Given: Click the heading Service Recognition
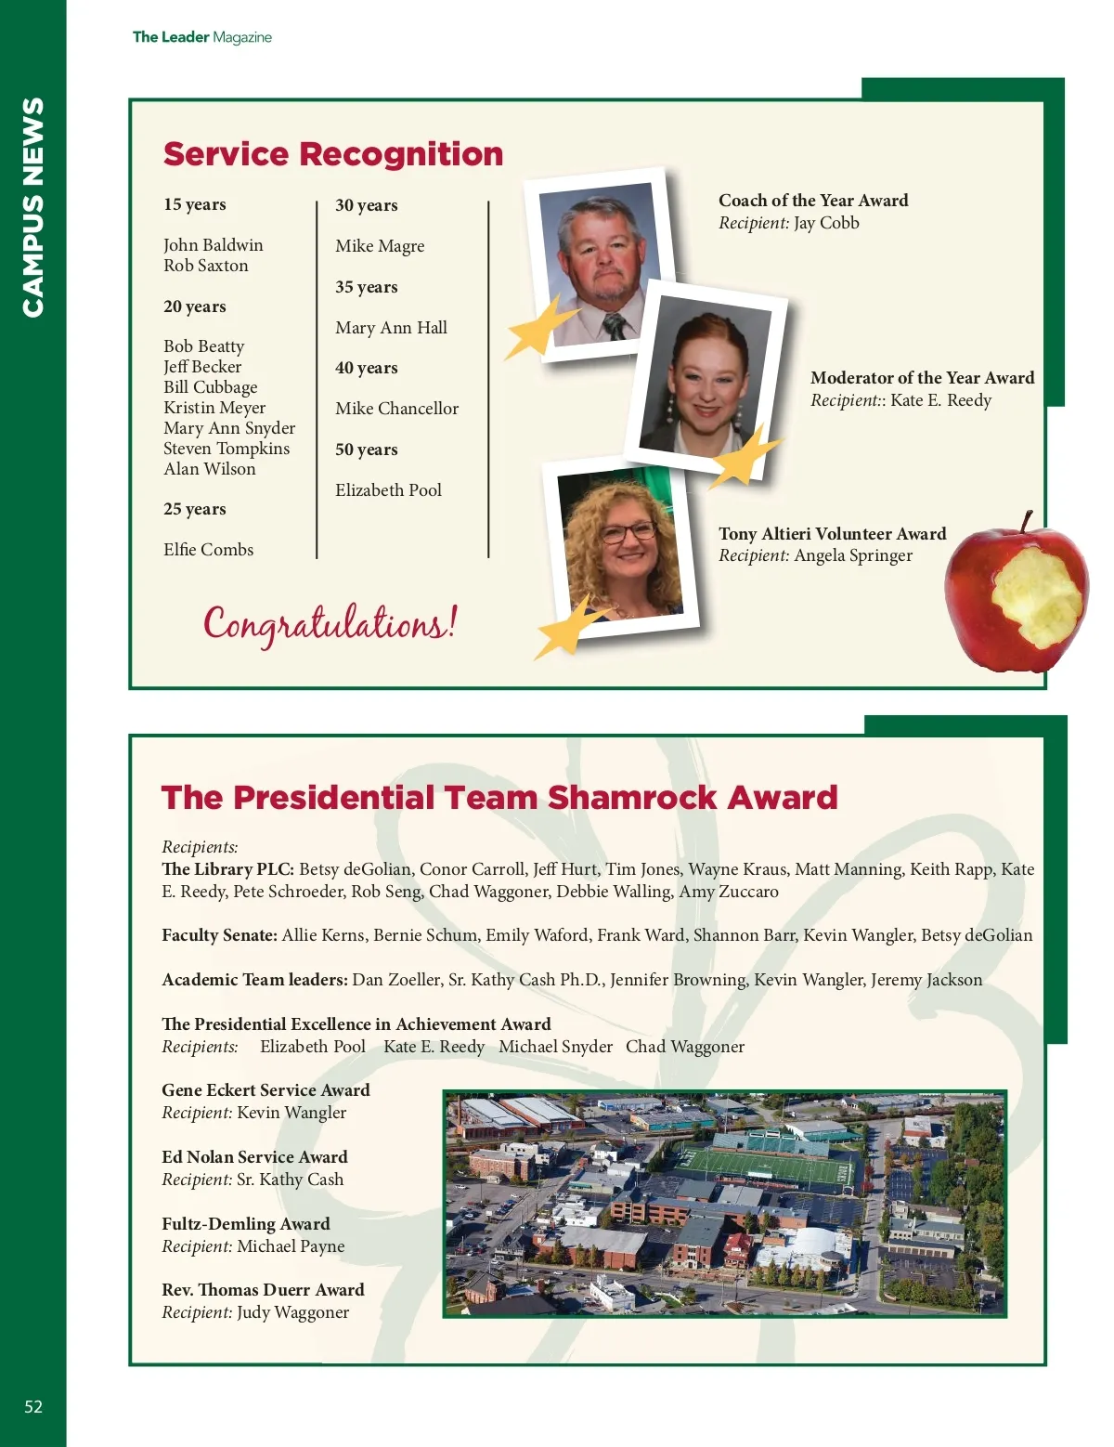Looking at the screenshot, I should click(x=332, y=154).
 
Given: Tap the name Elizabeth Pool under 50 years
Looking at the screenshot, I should click(x=388, y=490).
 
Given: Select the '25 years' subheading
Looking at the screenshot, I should click(x=195, y=509).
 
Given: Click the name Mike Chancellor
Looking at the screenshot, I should click(x=396, y=409).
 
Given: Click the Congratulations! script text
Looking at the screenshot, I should click(x=330, y=623).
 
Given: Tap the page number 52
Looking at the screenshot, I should click(x=33, y=1406).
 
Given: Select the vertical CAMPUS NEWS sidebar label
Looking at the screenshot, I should click(x=32, y=207).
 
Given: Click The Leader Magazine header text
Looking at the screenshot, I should click(x=201, y=37).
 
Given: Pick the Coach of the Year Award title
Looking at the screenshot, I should click(x=813, y=201).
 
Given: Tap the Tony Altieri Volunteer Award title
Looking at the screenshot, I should click(x=832, y=534).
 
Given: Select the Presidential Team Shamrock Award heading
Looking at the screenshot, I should click(x=499, y=798).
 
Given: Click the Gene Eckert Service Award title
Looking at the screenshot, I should click(x=266, y=1090).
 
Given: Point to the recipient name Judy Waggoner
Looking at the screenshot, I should click(x=292, y=1312).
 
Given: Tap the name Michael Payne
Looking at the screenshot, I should click(x=291, y=1246).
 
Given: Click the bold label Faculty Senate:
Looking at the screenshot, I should click(x=219, y=935).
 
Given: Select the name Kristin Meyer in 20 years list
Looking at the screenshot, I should click(x=214, y=408).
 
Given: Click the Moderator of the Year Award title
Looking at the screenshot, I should click(x=922, y=378).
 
